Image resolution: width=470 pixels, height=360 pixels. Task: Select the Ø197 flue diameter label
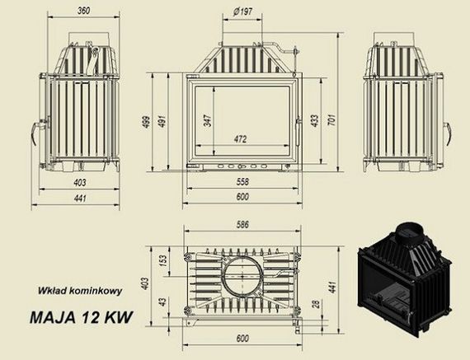(242, 12)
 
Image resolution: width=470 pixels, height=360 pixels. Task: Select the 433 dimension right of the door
(313, 120)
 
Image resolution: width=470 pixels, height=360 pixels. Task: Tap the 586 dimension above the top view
(242, 223)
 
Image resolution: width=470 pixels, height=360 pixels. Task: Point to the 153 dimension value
(162, 259)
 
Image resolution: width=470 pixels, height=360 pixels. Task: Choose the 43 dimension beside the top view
(162, 302)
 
